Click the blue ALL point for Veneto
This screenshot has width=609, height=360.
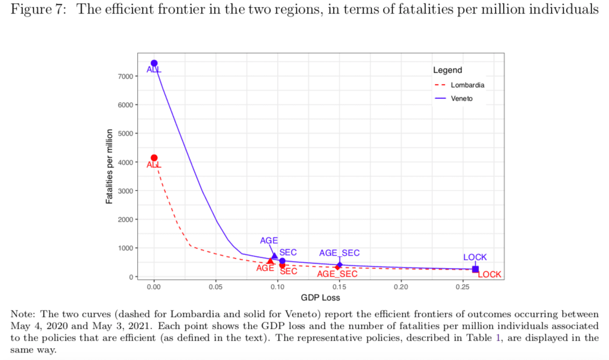click(154, 63)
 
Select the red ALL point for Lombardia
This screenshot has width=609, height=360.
click(154, 158)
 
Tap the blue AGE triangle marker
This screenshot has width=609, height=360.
click(274, 256)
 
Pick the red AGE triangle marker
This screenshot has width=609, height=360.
click(270, 261)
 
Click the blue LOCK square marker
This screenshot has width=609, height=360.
click(476, 269)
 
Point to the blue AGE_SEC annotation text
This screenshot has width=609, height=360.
click(339, 253)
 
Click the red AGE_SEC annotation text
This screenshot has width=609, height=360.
click(337, 274)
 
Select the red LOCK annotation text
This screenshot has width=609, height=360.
click(490, 274)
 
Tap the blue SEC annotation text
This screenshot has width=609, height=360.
click(288, 252)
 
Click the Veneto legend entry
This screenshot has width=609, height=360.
click(454, 98)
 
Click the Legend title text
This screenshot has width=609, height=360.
click(448, 70)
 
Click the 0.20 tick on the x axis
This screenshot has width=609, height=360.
click(401, 287)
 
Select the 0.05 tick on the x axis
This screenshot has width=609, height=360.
click(216, 287)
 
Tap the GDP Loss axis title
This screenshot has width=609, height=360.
click(321, 298)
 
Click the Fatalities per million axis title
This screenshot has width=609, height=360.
click(109, 166)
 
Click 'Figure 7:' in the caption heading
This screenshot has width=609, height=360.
click(39, 9)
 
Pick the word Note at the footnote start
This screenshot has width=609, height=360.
click(23, 314)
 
